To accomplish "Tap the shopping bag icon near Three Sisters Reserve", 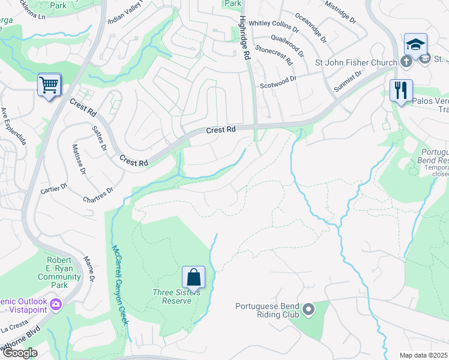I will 193,278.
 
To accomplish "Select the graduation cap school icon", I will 415,44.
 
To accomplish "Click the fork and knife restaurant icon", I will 401,91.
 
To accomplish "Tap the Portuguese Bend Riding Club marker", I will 309,310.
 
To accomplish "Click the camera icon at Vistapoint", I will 56,304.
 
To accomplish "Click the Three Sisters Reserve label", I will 172,296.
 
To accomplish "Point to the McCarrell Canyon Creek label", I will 119,284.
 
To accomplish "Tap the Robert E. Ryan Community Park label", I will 59,269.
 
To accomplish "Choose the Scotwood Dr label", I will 278,78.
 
